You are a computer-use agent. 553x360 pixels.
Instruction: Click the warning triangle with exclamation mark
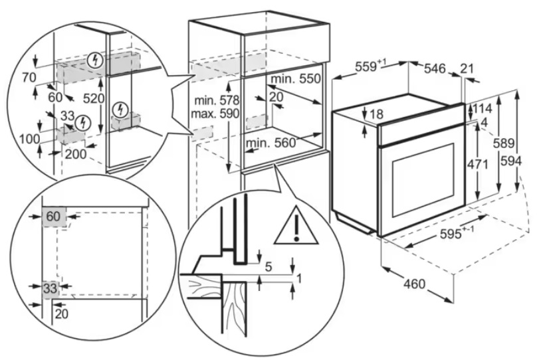tap(296, 226)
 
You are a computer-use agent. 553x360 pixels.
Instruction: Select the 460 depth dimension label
tap(414, 283)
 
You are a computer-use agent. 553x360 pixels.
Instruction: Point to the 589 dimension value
tap(504, 143)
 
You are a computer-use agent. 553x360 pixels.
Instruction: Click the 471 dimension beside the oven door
tap(477, 164)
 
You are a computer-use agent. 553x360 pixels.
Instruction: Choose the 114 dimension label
tap(483, 108)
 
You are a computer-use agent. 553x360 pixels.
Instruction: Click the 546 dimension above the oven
tap(435, 68)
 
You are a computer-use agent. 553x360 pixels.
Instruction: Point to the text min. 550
tap(296, 78)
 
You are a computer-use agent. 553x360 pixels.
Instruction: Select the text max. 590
tap(215, 114)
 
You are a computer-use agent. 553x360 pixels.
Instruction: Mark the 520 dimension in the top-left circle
tap(94, 98)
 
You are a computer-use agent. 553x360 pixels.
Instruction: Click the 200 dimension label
tap(76, 153)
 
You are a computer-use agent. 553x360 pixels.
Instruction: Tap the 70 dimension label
tap(29, 77)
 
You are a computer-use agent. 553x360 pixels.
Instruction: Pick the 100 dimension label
tap(29, 139)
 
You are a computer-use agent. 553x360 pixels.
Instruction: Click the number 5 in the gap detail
tap(269, 266)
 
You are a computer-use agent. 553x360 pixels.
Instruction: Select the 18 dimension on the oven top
tap(377, 114)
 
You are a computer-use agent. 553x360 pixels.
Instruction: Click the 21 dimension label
tap(467, 68)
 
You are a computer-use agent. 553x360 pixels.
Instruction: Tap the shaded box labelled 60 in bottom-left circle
tap(54, 217)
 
